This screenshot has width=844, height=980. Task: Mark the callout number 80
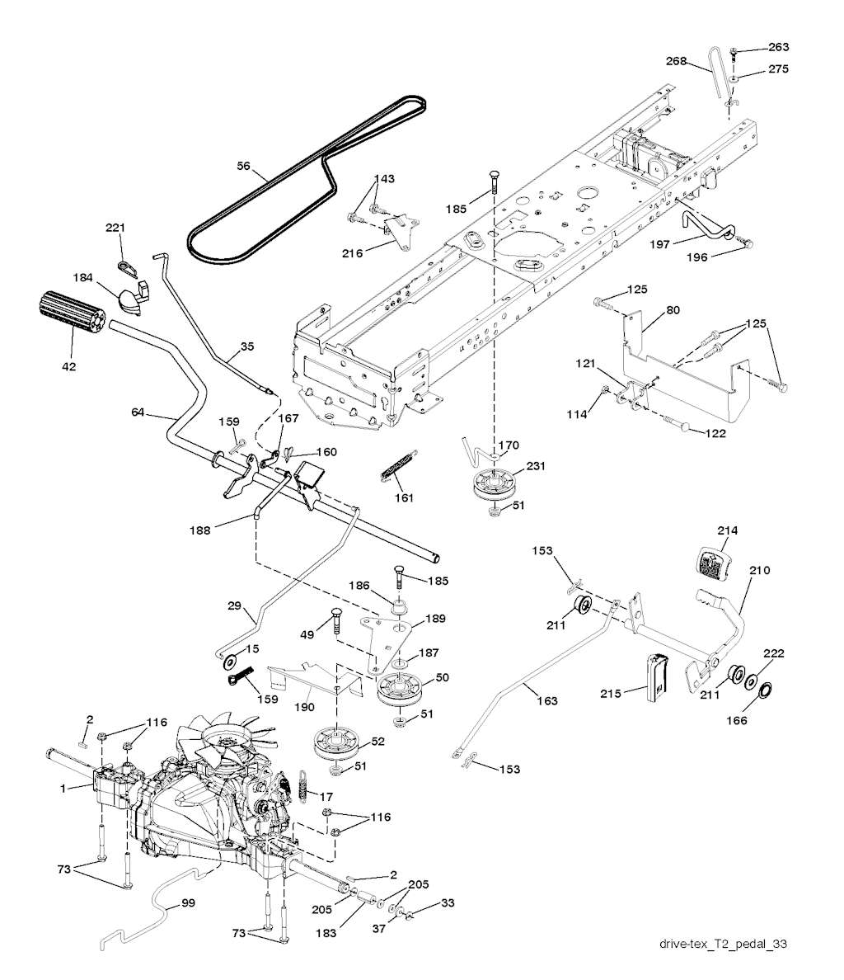point(673,311)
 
